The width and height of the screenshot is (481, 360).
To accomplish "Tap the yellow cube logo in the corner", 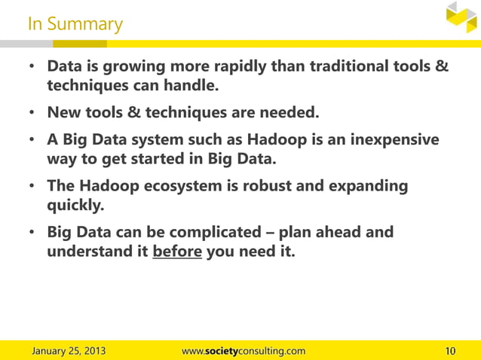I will (461, 17).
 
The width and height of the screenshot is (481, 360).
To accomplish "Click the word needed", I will (290, 113).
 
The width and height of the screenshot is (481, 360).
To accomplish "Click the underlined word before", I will (177, 251).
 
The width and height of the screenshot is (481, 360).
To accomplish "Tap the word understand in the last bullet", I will (90, 251).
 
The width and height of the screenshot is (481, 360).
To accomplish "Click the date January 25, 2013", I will (68, 351).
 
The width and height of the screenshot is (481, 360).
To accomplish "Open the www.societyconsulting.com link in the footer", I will (244, 351).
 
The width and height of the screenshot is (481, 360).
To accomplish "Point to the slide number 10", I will (451, 351).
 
